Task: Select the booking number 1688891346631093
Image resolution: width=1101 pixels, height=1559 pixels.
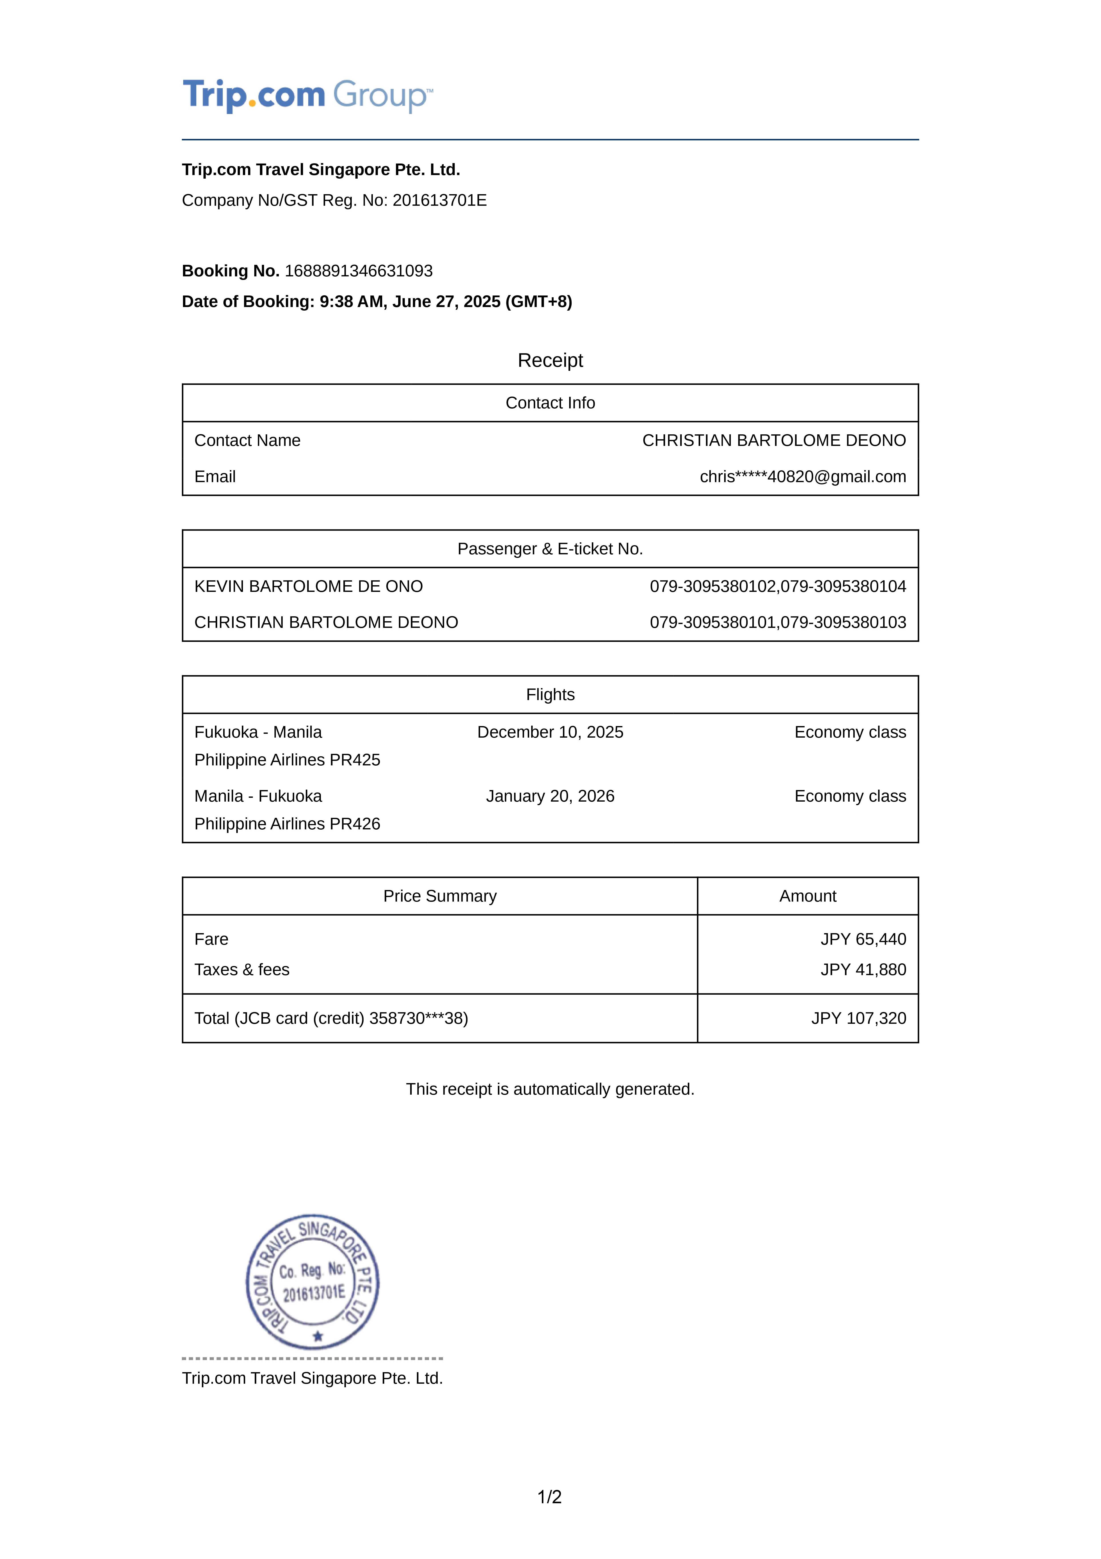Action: pyautogui.click(x=358, y=271)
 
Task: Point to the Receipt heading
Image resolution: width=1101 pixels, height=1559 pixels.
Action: pyautogui.click(x=550, y=361)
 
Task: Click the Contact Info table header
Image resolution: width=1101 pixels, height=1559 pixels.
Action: pyautogui.click(x=550, y=403)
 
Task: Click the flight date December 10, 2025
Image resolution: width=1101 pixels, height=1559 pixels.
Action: pyautogui.click(x=550, y=732)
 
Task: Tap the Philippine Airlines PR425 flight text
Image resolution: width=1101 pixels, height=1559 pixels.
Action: pyautogui.click(x=287, y=760)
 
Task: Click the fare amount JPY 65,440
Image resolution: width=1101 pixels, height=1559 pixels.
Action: pyautogui.click(x=863, y=939)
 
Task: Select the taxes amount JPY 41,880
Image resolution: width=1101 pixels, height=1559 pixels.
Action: pyautogui.click(x=863, y=970)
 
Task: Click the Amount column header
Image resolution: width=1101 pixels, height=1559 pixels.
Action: pyautogui.click(x=807, y=896)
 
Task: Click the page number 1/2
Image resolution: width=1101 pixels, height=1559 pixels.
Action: pyautogui.click(x=549, y=1497)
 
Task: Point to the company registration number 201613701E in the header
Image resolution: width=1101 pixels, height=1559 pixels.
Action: pyautogui.click(x=439, y=200)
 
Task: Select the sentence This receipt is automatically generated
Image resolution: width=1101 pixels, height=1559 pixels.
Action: pyautogui.click(x=550, y=1089)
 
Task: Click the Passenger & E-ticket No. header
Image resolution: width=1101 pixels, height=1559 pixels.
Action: pyautogui.click(x=550, y=549)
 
